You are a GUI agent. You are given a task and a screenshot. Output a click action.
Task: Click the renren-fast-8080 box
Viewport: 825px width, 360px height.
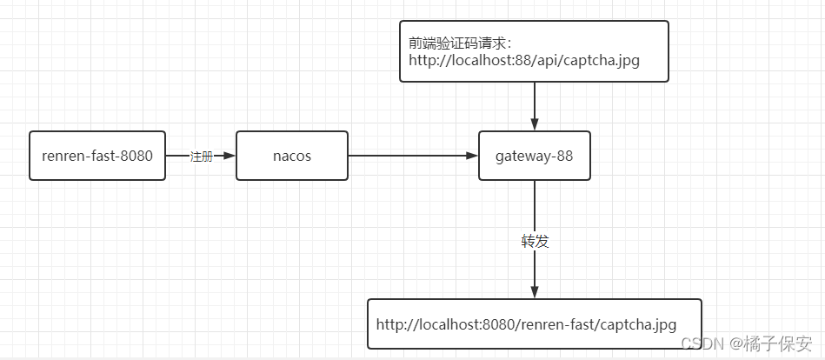[97, 156]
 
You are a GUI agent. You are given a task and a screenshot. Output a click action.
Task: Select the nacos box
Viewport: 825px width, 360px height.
[292, 156]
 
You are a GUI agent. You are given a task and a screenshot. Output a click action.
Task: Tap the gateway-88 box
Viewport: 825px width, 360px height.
[534, 156]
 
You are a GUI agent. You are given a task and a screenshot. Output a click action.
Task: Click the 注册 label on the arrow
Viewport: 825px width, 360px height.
[201, 157]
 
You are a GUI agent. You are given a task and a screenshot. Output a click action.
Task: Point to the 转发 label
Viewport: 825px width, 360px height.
[535, 242]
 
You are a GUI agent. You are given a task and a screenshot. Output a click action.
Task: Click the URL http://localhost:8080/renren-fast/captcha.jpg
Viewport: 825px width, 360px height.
[526, 324]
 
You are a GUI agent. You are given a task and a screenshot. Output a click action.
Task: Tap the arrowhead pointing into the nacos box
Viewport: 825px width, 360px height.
[230, 156]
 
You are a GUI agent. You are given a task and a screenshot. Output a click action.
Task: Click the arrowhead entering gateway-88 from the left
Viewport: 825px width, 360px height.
[472, 156]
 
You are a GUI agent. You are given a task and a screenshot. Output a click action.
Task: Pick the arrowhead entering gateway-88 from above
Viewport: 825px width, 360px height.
[535, 124]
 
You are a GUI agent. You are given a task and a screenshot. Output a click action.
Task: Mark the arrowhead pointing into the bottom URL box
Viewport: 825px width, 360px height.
[535, 292]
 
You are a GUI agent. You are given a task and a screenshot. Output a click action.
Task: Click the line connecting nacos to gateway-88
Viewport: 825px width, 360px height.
[409, 156]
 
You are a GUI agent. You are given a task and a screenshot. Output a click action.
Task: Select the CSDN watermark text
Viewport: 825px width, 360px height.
[702, 343]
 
